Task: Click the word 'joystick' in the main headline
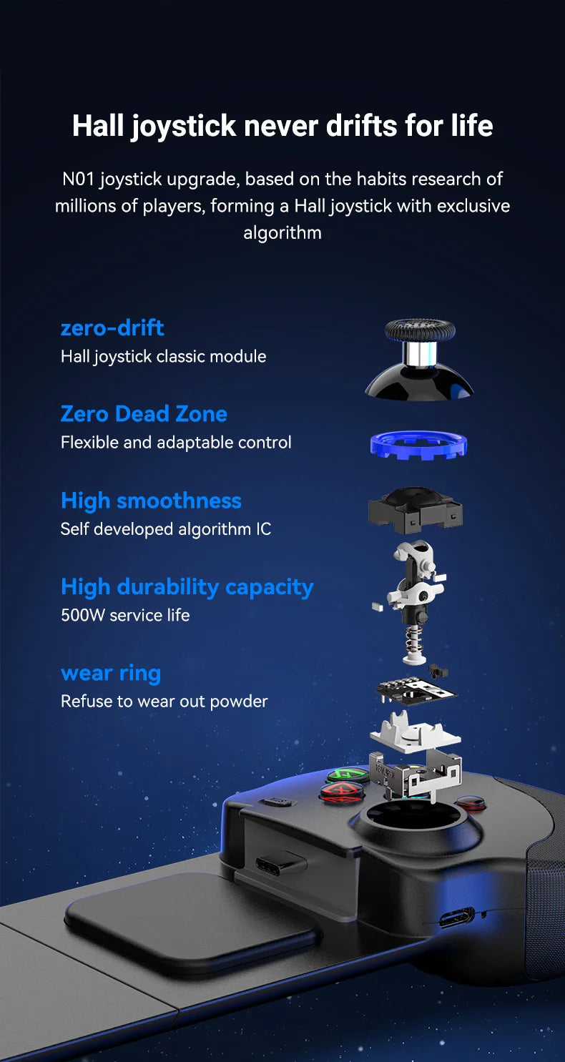[183, 126]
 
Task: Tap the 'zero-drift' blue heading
[112, 328]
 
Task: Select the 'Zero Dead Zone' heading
[144, 413]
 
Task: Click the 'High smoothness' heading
[151, 501]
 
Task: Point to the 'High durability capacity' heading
[187, 587]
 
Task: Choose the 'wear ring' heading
[111, 673]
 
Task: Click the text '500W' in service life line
[83, 615]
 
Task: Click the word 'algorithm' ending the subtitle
[282, 233]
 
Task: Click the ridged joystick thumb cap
[420, 330]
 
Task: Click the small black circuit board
[417, 692]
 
